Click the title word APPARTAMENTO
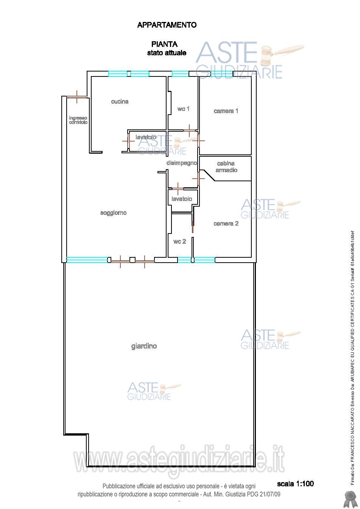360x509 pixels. click(167, 25)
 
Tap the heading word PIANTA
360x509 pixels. click(164, 44)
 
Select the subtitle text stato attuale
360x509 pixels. click(167, 53)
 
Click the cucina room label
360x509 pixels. click(120, 101)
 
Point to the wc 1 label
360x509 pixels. click(184, 109)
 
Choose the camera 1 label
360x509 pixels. click(226, 111)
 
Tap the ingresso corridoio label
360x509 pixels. click(78, 120)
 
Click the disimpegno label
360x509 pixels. click(182, 163)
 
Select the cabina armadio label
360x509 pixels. click(226, 167)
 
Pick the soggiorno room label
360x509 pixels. click(114, 213)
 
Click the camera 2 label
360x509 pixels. click(226, 223)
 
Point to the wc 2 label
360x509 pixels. click(179, 241)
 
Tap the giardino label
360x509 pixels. click(144, 346)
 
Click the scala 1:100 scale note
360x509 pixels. click(295, 484)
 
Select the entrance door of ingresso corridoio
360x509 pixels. click(77, 97)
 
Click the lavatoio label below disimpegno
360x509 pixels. click(182, 199)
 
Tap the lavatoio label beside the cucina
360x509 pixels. click(146, 137)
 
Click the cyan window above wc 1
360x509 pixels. click(180, 74)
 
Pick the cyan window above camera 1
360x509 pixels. click(222, 74)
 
